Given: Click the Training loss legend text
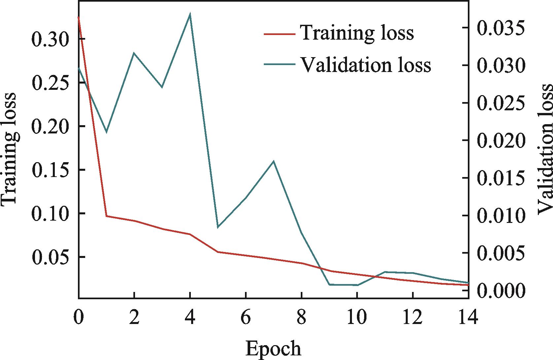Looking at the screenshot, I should [357, 33].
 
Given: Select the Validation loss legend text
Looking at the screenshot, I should [365, 64].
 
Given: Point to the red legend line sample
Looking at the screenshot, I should [279, 33].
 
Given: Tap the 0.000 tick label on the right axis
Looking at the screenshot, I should [501, 291].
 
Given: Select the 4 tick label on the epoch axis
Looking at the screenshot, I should [190, 319].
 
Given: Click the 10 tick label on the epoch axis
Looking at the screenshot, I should [357, 319].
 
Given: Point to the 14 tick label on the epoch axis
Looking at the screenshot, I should [468, 319].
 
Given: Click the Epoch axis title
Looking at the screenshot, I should [273, 349].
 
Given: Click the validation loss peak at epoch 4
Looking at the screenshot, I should [190, 14].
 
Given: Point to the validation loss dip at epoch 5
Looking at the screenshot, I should [218, 227].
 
